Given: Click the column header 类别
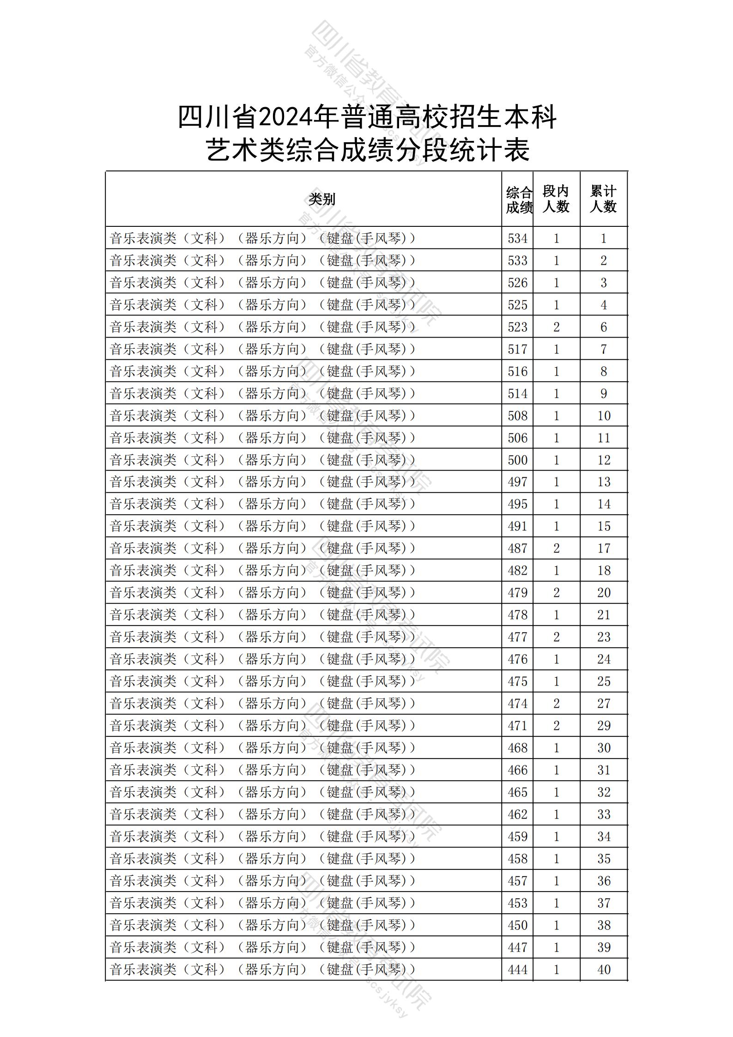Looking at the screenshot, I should (x=322, y=199).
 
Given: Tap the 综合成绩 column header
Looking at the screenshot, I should (x=519, y=200).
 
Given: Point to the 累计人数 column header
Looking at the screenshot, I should (x=603, y=199).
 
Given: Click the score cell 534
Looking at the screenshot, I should (x=517, y=238).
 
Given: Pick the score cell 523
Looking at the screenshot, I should (x=517, y=327).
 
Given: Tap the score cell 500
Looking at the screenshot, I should (x=517, y=460).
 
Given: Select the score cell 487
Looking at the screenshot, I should (x=517, y=548).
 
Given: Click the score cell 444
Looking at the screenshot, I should (x=517, y=970).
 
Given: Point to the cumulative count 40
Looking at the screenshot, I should (x=604, y=970).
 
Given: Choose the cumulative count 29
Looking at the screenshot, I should (x=604, y=726).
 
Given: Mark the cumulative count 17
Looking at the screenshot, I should (x=604, y=548).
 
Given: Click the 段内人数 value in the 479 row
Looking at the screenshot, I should (x=556, y=593).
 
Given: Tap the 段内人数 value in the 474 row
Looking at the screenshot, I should (x=556, y=703).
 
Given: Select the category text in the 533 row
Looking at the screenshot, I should (x=262, y=261).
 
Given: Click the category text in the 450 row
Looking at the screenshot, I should (x=262, y=925).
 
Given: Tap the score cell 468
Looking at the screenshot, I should (x=517, y=748).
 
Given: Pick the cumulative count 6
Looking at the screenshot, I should (x=604, y=327).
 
